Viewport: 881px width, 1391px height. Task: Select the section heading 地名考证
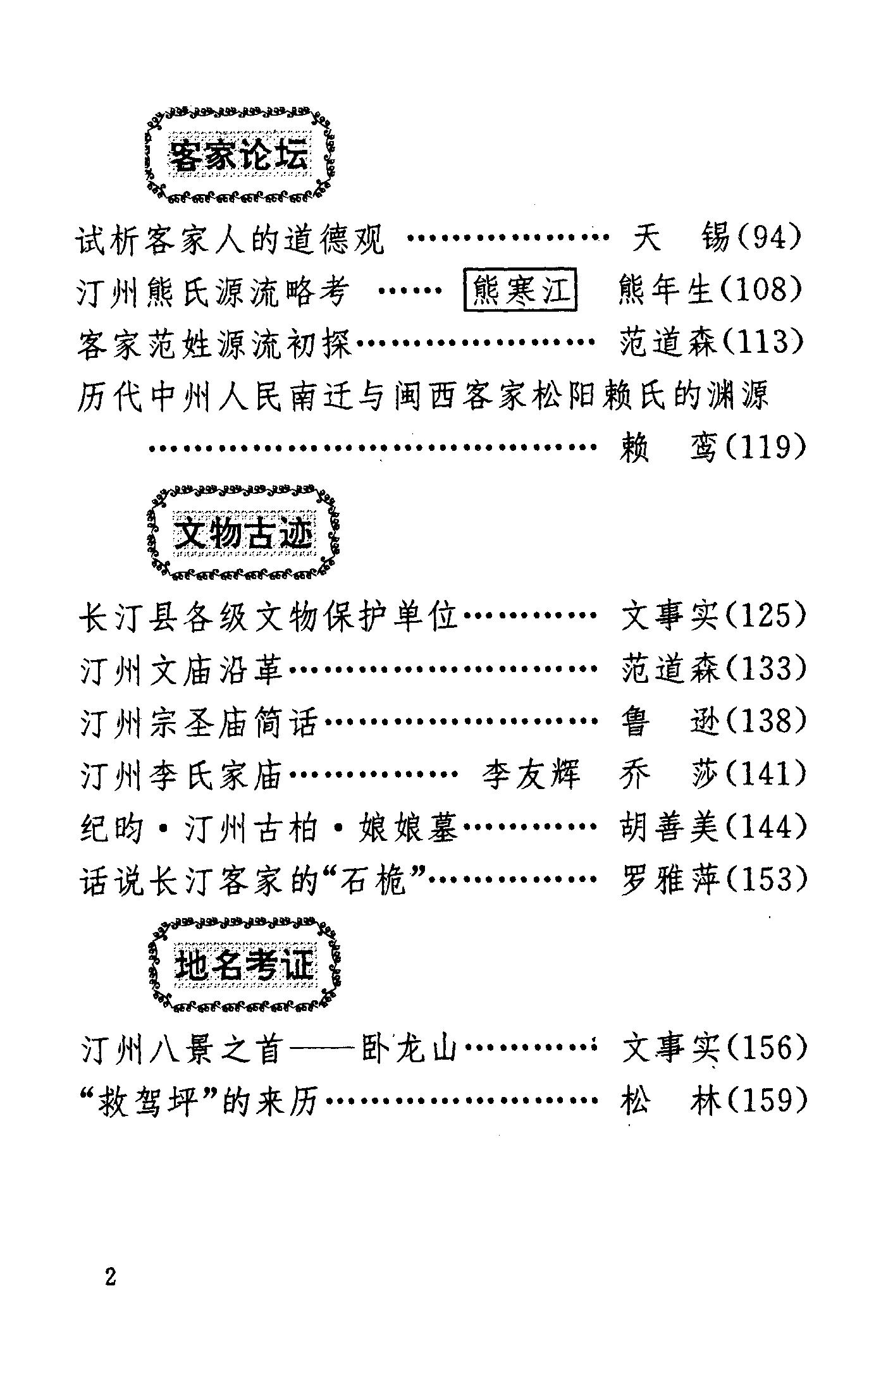[x=244, y=965]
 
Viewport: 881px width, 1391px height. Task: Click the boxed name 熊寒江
[x=521, y=291]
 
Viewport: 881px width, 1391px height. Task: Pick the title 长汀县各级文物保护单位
[x=269, y=616]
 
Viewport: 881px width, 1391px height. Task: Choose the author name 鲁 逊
[x=669, y=721]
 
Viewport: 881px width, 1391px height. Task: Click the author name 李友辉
[x=530, y=775]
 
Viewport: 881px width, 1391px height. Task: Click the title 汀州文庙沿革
[x=182, y=669]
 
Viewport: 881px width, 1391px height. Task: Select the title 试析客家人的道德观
[x=230, y=240]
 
